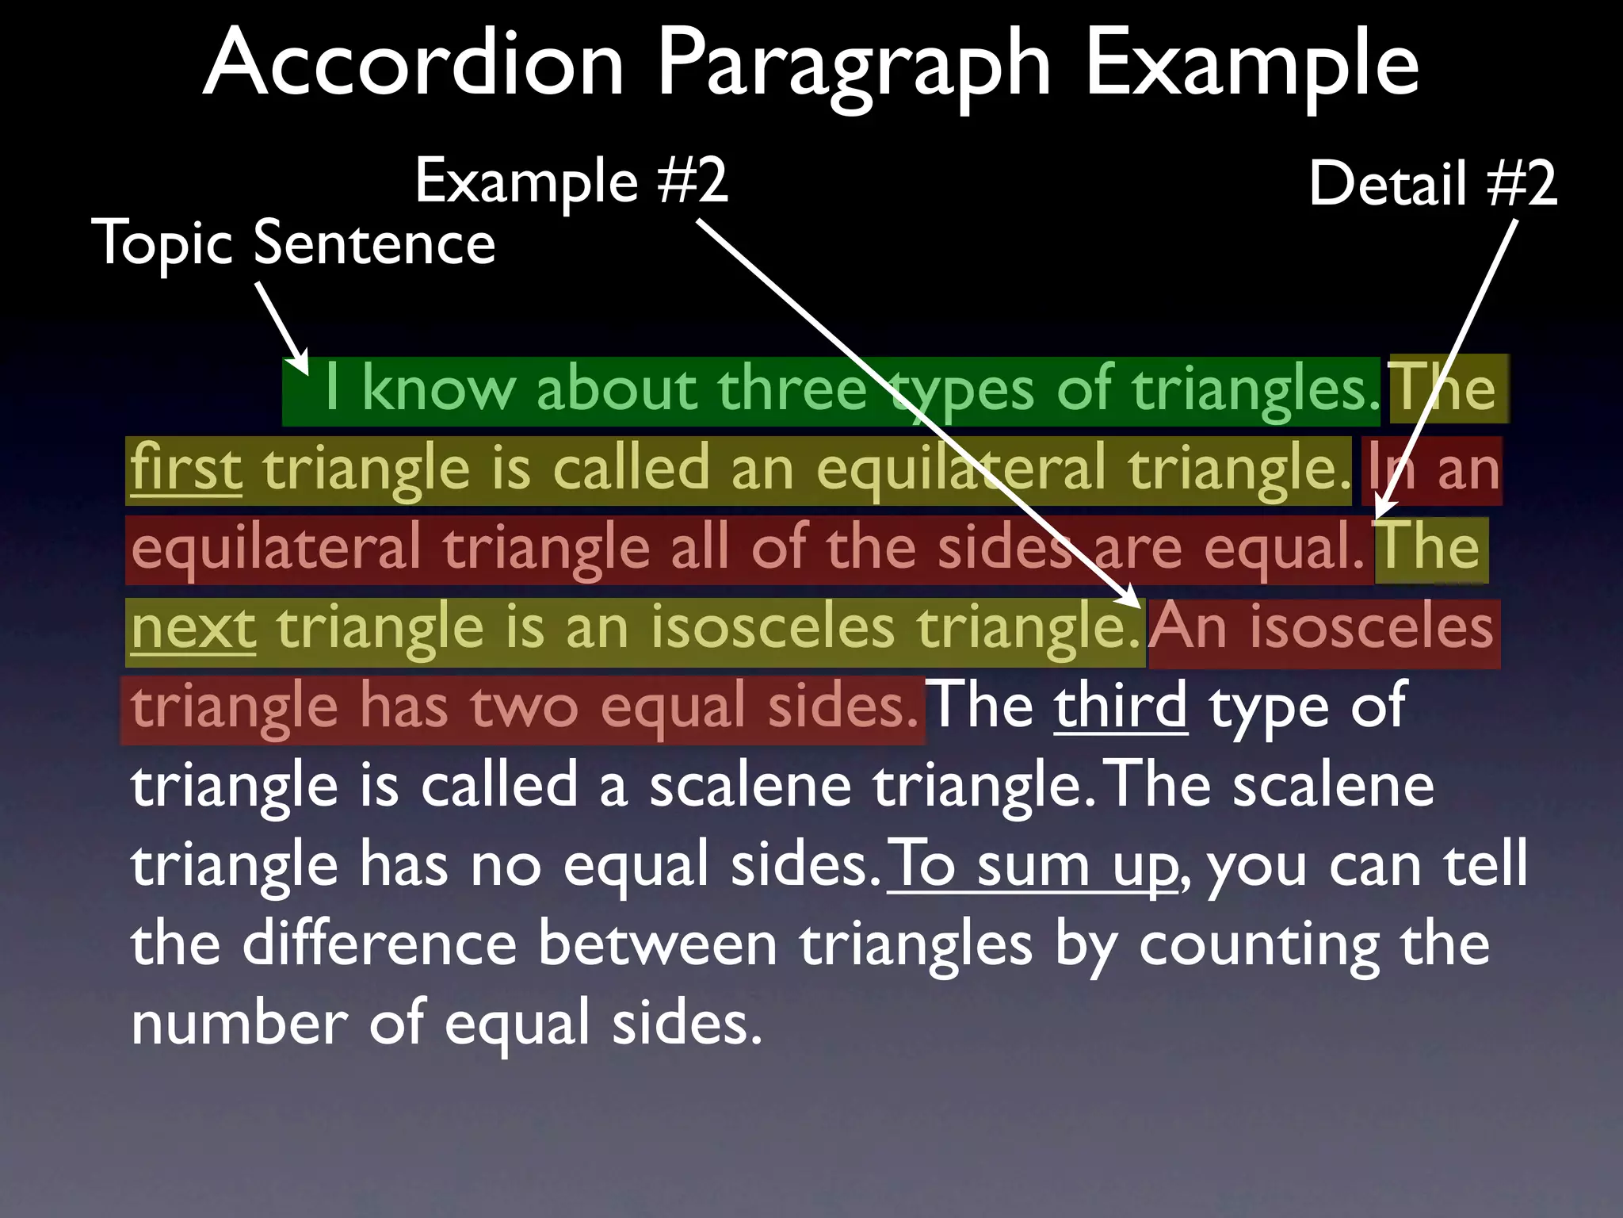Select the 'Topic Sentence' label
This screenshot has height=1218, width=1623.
tap(293, 243)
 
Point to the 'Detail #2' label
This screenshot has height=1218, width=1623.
tap(1432, 184)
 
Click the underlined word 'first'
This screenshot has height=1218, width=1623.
tap(186, 469)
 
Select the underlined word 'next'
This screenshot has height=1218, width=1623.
tap(193, 627)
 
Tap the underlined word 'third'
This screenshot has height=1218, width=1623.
tap(1120, 705)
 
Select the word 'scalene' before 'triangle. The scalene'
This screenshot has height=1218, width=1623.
tap(750, 786)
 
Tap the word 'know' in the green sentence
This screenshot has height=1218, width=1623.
tap(438, 389)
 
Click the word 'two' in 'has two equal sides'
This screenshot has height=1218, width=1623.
tap(525, 707)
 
